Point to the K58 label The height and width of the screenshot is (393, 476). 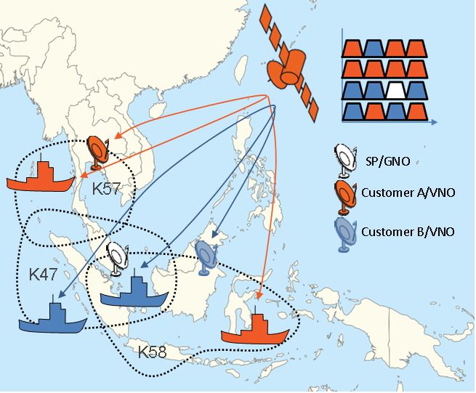pos(155,352)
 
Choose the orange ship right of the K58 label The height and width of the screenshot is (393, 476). pos(255,331)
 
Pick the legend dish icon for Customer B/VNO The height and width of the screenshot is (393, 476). pos(343,232)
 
